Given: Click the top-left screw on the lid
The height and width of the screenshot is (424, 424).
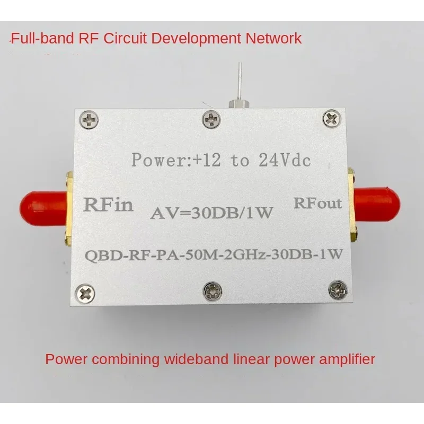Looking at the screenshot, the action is coord(89,119).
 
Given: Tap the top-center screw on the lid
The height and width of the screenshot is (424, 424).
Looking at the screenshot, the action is coord(211,119).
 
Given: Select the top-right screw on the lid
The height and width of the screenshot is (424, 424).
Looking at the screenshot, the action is coord(332,118).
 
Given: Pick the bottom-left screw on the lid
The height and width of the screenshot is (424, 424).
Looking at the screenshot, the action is coord(85,294).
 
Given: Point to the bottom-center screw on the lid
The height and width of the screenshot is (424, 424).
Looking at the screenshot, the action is coord(213,291).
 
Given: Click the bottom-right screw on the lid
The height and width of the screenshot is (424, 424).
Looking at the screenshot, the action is coord(338,290).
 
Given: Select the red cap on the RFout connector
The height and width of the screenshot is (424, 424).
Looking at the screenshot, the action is coord(377,205).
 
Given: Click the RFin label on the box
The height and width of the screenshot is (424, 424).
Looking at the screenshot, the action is coord(108,205).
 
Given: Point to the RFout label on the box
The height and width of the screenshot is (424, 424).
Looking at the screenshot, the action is coord(317,204).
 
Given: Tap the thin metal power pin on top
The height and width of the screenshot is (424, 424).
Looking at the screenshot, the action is coord(240,82).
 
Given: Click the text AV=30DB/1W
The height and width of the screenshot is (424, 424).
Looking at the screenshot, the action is coord(211,213).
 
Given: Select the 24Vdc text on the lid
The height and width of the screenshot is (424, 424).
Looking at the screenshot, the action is coord(285,160).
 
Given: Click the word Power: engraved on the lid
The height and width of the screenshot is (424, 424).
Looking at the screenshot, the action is coord(162,160).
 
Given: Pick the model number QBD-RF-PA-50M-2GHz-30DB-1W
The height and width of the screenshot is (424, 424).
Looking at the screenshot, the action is coord(214,255).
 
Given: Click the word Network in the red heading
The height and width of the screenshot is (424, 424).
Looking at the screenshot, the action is coord(273,38).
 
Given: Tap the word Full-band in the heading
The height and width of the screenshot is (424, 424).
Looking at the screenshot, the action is coord(42,38).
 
